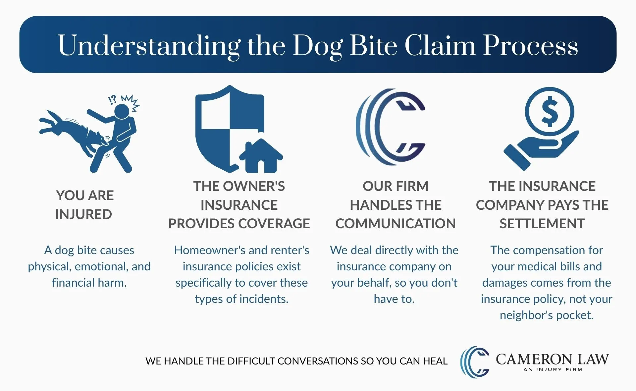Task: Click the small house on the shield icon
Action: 261,156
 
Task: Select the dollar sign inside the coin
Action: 550,112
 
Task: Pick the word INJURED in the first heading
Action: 83,214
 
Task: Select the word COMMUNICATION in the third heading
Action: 396,224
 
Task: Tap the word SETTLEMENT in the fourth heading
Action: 542,224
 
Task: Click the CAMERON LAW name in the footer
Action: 552,359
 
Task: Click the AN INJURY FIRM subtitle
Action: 552,369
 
